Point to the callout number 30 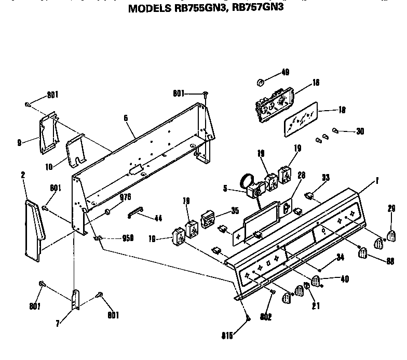pyautogui.click(x=360, y=131)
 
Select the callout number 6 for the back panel pyautogui.click(x=126, y=118)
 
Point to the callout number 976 pyautogui.click(x=125, y=196)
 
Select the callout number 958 pyautogui.click(x=127, y=238)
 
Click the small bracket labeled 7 pyautogui.click(x=75, y=301)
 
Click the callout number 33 pyautogui.click(x=325, y=178)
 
